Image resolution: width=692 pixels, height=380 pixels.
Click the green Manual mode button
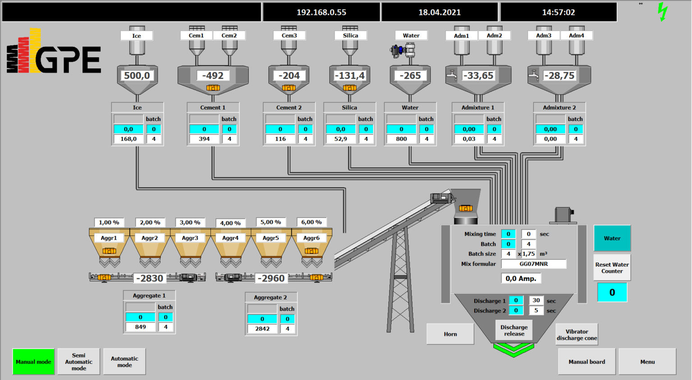34,362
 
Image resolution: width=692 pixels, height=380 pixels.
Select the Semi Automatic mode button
79,362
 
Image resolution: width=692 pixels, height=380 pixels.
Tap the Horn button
450,334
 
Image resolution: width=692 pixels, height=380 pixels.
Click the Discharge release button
514,330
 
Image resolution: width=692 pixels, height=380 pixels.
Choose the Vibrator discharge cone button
577,335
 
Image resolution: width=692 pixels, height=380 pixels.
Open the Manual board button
587,362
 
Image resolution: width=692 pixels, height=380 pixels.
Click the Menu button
647,362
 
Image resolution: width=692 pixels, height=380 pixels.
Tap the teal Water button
612,238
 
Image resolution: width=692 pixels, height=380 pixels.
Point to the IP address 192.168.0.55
321,12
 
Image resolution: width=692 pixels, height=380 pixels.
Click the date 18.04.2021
440,12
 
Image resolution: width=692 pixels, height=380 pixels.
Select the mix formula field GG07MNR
534,264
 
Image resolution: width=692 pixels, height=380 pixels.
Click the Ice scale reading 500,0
137,76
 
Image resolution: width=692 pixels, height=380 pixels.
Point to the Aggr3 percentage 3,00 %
190,222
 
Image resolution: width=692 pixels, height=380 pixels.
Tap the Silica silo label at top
351,36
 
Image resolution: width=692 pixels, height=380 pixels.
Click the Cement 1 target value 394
204,139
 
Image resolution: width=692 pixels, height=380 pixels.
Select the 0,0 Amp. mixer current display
521,278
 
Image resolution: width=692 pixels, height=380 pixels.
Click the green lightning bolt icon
662,12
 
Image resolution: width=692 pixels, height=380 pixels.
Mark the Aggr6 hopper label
311,238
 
